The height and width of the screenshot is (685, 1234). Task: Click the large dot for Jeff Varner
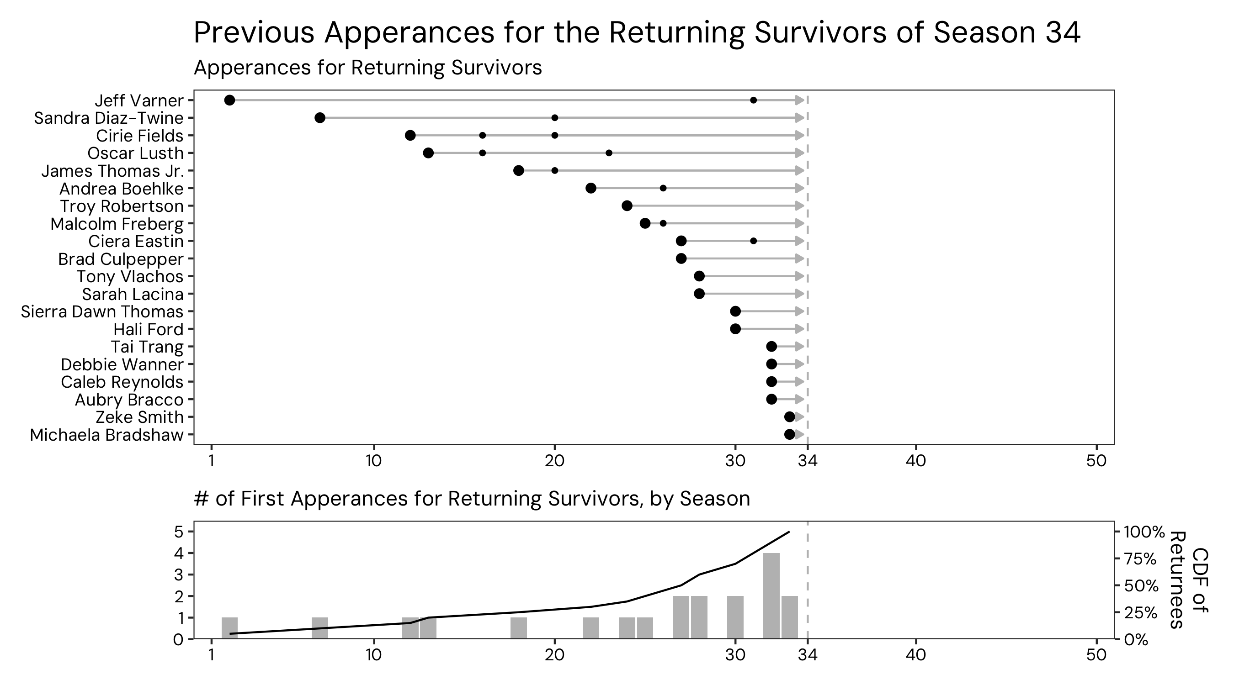(x=229, y=100)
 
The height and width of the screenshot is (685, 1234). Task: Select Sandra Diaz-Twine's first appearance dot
(x=320, y=118)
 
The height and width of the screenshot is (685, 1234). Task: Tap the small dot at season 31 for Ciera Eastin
(x=753, y=241)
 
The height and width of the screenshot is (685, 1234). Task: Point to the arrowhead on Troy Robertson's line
(x=799, y=206)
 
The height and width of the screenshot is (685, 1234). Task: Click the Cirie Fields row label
(x=139, y=136)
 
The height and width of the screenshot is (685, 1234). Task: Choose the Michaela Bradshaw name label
(x=107, y=435)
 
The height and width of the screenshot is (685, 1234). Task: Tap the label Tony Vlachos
(x=130, y=277)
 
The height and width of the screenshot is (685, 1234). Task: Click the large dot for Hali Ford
(x=735, y=329)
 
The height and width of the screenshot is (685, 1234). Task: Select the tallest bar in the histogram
(x=771, y=595)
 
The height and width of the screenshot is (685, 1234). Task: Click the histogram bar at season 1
(x=229, y=628)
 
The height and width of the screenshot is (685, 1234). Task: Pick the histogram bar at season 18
(x=518, y=628)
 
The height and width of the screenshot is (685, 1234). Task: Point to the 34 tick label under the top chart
(x=808, y=461)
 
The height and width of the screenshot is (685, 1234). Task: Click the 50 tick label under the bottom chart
(x=1096, y=654)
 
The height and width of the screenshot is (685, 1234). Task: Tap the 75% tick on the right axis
(x=1141, y=559)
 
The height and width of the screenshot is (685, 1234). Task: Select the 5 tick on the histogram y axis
(x=178, y=532)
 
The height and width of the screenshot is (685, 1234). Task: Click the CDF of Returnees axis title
(x=1188, y=580)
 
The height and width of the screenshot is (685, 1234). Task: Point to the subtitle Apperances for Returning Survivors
(x=367, y=68)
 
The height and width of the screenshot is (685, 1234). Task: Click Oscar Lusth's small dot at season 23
(x=609, y=153)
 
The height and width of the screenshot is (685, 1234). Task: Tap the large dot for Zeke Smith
(x=789, y=417)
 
